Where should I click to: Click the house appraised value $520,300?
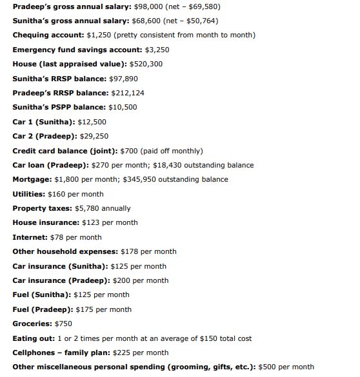146,64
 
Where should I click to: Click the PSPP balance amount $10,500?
121,107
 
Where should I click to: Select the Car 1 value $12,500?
92,121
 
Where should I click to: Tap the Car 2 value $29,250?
95,136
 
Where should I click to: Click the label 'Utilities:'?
29,194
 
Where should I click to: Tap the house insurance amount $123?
91,222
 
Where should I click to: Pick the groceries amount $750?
63,324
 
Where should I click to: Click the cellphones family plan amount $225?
122,353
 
